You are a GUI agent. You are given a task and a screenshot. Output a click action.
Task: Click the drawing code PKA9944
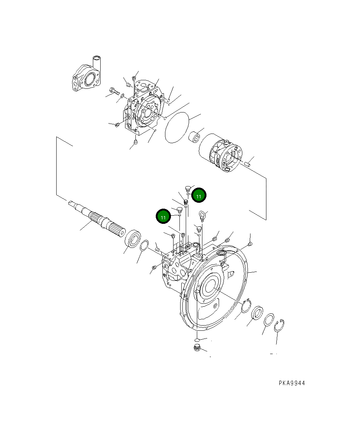[x=292, y=383]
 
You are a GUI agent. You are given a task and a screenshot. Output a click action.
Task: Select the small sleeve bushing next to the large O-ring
[x=195, y=137]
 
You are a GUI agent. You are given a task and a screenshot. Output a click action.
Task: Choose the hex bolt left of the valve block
[x=113, y=90]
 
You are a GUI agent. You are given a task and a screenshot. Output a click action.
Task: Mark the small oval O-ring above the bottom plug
[x=197, y=339]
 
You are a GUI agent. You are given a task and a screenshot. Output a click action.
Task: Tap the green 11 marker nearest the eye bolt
[x=199, y=196]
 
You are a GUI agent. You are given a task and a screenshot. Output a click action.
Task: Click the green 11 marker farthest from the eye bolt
[x=163, y=217]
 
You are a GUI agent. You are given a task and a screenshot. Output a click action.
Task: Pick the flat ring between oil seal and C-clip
[x=269, y=319]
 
